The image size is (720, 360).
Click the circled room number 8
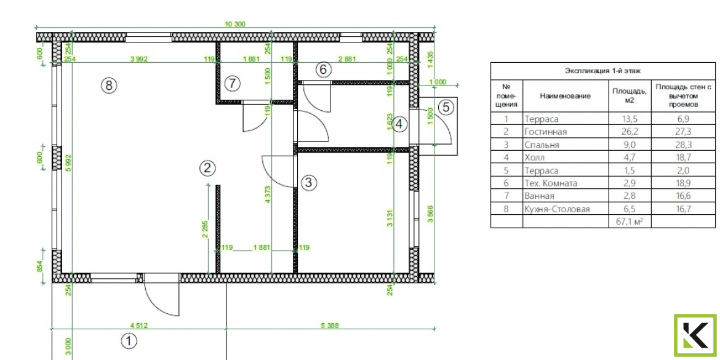(109, 85)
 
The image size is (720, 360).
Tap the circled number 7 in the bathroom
(233, 84)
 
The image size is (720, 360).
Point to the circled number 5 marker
(446, 108)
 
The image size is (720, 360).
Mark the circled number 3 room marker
(308, 183)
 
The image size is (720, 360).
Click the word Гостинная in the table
(545, 132)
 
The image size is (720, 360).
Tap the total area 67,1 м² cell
(629, 222)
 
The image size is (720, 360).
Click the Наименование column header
(566, 96)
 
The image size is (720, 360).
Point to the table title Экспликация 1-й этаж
(602, 71)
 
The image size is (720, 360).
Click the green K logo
(695, 335)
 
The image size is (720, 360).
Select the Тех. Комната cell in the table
(551, 183)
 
